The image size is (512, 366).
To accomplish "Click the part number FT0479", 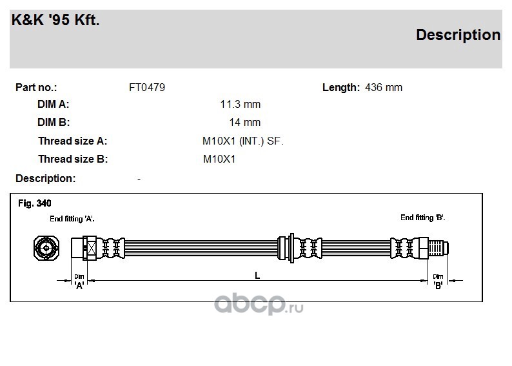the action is pos(147,88).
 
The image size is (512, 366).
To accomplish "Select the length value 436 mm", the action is pos(384,88).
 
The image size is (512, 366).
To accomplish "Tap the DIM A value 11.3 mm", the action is pos(241,104).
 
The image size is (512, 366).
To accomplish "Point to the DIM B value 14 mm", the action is pos(245,122).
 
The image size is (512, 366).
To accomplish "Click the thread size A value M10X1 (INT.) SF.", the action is pos(243,141).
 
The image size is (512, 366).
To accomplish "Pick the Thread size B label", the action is pos(73,159).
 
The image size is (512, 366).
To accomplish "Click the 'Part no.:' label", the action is pos(36,88).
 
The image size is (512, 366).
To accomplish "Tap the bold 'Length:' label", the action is pos(341,88).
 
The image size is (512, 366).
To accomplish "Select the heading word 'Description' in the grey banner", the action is pos(458,35).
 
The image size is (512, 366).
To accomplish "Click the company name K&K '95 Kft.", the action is pos(55,20).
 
